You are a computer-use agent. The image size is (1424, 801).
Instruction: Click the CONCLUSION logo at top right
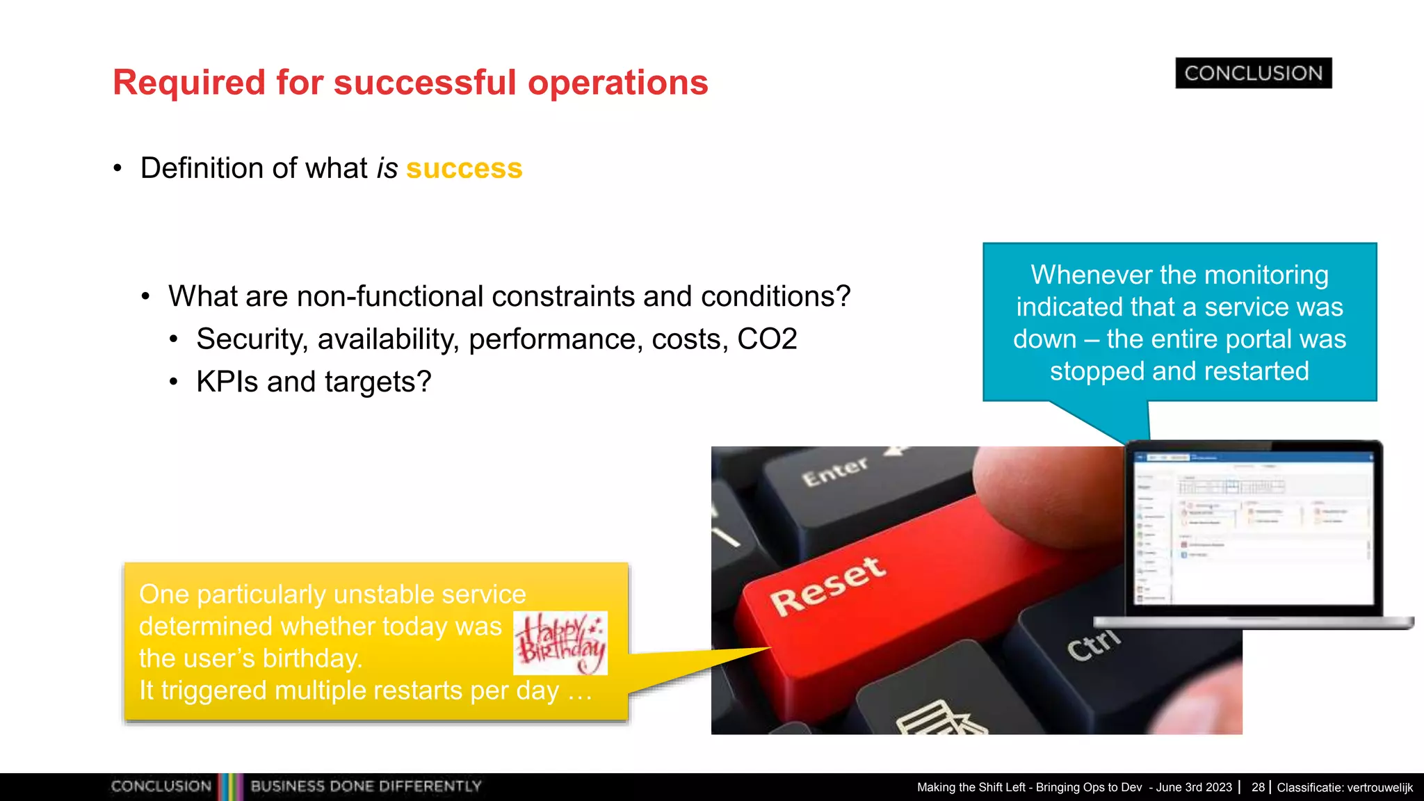click(1253, 73)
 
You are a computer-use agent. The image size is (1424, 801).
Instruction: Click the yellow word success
click(464, 168)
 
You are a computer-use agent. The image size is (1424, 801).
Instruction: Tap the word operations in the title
click(617, 83)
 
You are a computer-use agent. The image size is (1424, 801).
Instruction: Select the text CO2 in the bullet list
click(766, 339)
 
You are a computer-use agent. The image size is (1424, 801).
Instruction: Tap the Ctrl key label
click(1093, 645)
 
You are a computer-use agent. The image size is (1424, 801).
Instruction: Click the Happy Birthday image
click(560, 643)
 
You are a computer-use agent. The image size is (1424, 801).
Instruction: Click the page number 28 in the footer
click(1257, 787)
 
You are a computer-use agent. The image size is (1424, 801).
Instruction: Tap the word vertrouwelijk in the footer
click(1379, 787)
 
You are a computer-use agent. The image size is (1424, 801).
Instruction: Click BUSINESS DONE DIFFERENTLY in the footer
click(366, 786)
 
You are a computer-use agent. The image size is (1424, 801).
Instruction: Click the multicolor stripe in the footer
click(231, 786)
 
